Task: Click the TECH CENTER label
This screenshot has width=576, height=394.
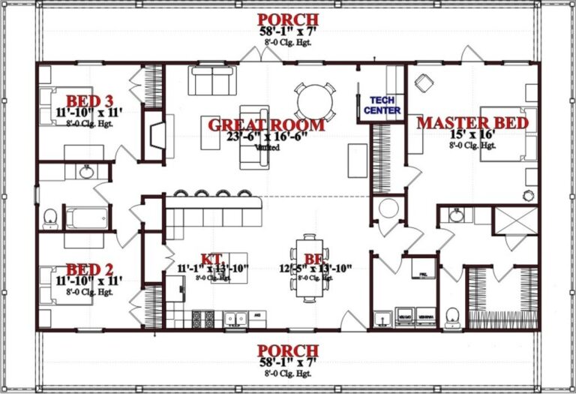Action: click(x=382, y=105)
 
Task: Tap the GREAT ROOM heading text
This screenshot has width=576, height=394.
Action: click(x=266, y=125)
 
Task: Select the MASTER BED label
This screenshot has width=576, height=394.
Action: click(x=472, y=122)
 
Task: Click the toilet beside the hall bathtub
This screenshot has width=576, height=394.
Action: click(x=50, y=218)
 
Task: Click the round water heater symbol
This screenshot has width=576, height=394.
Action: click(x=389, y=208)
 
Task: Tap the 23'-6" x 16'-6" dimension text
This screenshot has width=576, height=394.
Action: click(x=266, y=138)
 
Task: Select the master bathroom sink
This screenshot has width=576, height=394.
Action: click(x=457, y=215)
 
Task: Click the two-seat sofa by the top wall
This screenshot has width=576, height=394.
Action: click(x=210, y=80)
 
